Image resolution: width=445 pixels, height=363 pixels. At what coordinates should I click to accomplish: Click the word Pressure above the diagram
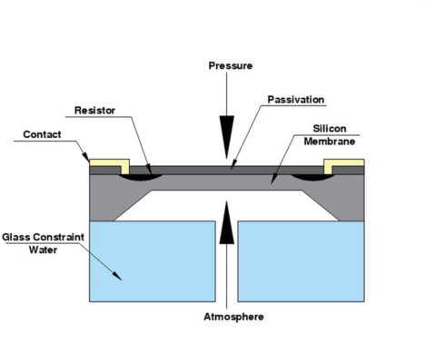pyautogui.click(x=231, y=65)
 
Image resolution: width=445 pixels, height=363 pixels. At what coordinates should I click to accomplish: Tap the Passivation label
pyautogui.click(x=296, y=100)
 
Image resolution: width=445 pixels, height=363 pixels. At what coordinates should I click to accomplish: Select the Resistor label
pyautogui.click(x=94, y=110)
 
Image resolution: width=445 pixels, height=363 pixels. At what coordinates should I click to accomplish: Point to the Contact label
pyautogui.click(x=42, y=134)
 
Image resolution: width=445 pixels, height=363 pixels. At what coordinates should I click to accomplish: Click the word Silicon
pyautogui.click(x=330, y=129)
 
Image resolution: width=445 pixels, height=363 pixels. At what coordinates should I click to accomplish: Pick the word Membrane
pyautogui.click(x=330, y=142)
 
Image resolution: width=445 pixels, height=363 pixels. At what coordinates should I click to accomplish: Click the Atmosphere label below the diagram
pyautogui.click(x=233, y=317)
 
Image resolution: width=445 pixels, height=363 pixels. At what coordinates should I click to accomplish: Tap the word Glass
pyautogui.click(x=17, y=237)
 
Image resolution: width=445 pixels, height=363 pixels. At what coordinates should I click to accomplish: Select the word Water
pyautogui.click(x=43, y=250)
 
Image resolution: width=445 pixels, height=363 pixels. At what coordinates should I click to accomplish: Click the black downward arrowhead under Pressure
pyautogui.click(x=227, y=137)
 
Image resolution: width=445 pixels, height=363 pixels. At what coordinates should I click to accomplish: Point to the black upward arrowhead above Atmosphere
pyautogui.click(x=227, y=222)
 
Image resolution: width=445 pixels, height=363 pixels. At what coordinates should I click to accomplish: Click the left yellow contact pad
pyautogui.click(x=110, y=163)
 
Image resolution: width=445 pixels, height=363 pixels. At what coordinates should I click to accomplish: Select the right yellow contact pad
pyautogui.click(x=344, y=163)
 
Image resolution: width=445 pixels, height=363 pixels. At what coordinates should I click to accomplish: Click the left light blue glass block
pyautogui.click(x=153, y=261)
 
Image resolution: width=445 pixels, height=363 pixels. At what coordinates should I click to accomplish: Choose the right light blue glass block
pyautogui.click(x=301, y=261)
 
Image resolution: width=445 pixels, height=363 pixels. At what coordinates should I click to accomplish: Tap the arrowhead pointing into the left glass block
pyautogui.click(x=117, y=276)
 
